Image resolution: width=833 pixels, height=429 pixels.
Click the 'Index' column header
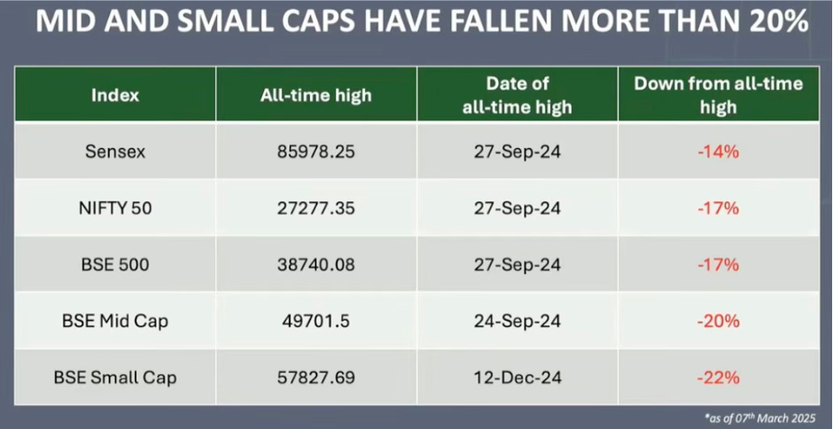pyautogui.click(x=114, y=95)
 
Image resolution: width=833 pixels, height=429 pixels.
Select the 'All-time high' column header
pyautogui.click(x=316, y=95)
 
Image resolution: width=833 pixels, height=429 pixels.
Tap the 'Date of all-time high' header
pyautogui.click(x=517, y=95)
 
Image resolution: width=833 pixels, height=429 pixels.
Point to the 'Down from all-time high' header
pyautogui.click(x=719, y=95)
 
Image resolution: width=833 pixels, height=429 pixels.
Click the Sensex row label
pyautogui.click(x=114, y=152)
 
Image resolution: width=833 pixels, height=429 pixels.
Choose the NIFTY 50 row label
pyautogui.click(x=114, y=208)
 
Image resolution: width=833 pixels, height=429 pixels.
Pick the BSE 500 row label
pyautogui.click(x=114, y=265)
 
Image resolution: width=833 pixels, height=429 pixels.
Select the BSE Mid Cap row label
pyautogui.click(x=114, y=322)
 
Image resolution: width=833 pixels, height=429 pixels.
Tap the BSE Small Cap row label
pyautogui.click(x=114, y=378)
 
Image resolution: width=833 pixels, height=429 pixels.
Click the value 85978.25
pyautogui.click(x=316, y=152)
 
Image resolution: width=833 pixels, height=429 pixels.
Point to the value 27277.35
pyautogui.click(x=316, y=208)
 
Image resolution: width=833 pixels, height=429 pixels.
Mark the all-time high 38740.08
pyautogui.click(x=316, y=265)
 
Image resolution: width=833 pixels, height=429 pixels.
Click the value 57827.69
pyautogui.click(x=316, y=378)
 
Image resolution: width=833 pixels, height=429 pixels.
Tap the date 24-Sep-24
pyautogui.click(x=517, y=322)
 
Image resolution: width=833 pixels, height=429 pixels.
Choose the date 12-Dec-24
pyautogui.click(x=517, y=378)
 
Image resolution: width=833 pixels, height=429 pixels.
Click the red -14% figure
pyautogui.click(x=719, y=152)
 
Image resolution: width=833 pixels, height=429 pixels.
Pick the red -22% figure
pyautogui.click(x=719, y=378)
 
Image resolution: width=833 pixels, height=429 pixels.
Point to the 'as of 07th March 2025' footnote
pyautogui.click(x=760, y=417)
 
